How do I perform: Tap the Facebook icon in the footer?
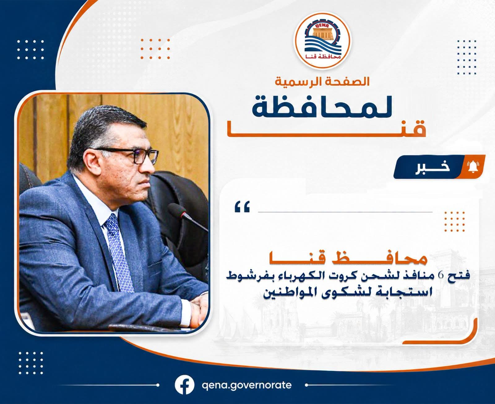point(184,385)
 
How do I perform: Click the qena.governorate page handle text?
point(247,385)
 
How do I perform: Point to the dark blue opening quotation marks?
point(242,206)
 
